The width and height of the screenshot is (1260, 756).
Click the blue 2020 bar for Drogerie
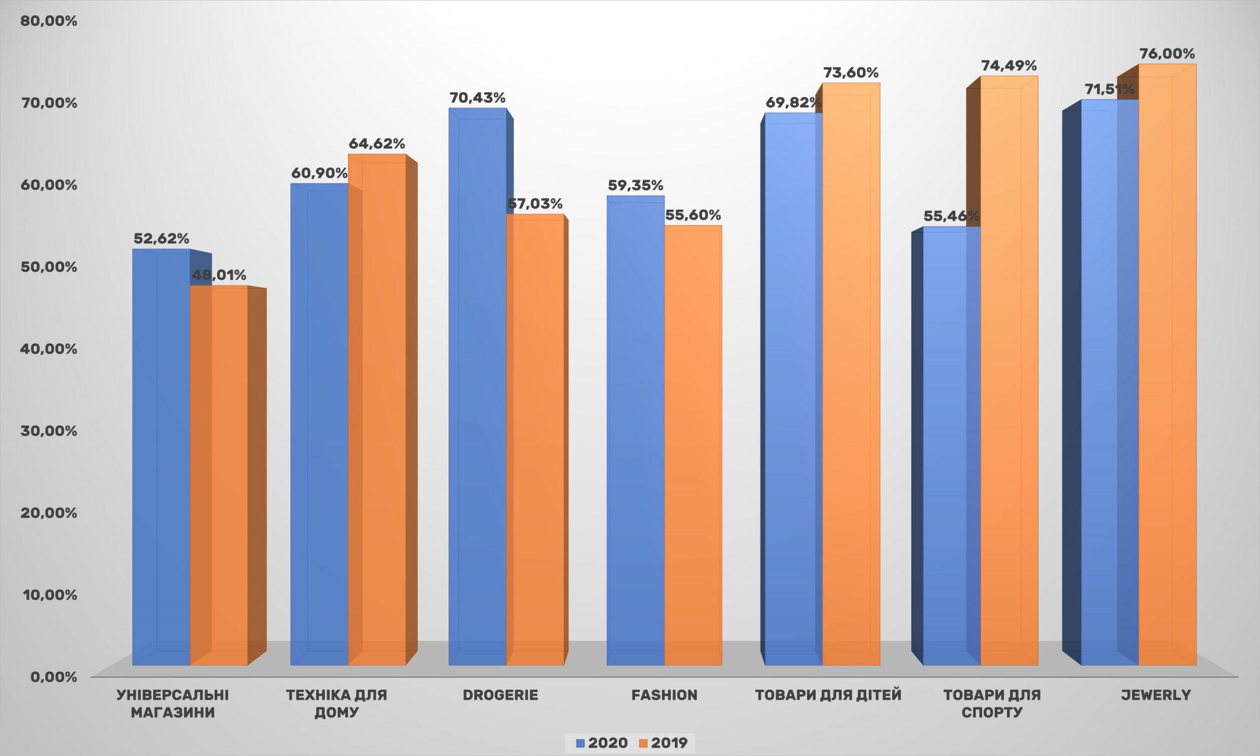pos(477,388)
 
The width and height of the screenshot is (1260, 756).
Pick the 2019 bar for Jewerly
pos(1167,369)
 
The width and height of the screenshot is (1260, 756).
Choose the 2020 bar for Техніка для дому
pos(319,424)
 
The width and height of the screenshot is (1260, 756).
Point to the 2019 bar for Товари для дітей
pos(851,375)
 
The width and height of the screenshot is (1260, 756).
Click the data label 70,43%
pos(477,98)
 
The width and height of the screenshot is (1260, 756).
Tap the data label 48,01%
pos(219,275)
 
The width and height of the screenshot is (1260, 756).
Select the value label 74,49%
pos(1009,66)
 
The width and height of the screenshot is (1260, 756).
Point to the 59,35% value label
pos(636,186)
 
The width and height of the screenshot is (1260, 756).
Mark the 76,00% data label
pos(1167,54)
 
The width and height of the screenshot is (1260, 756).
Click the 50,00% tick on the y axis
pos(49,267)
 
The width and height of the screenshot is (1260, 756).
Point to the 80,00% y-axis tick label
pos(49,21)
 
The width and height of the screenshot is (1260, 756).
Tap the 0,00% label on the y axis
pos(54,677)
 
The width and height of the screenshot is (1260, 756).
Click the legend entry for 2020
pos(602,743)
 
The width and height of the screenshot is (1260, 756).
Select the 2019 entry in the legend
pos(664,743)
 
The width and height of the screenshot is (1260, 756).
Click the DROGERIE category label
pos(500,695)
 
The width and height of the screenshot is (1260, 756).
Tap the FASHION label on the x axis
pos(664,695)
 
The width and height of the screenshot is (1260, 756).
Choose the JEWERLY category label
pos(1156,695)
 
